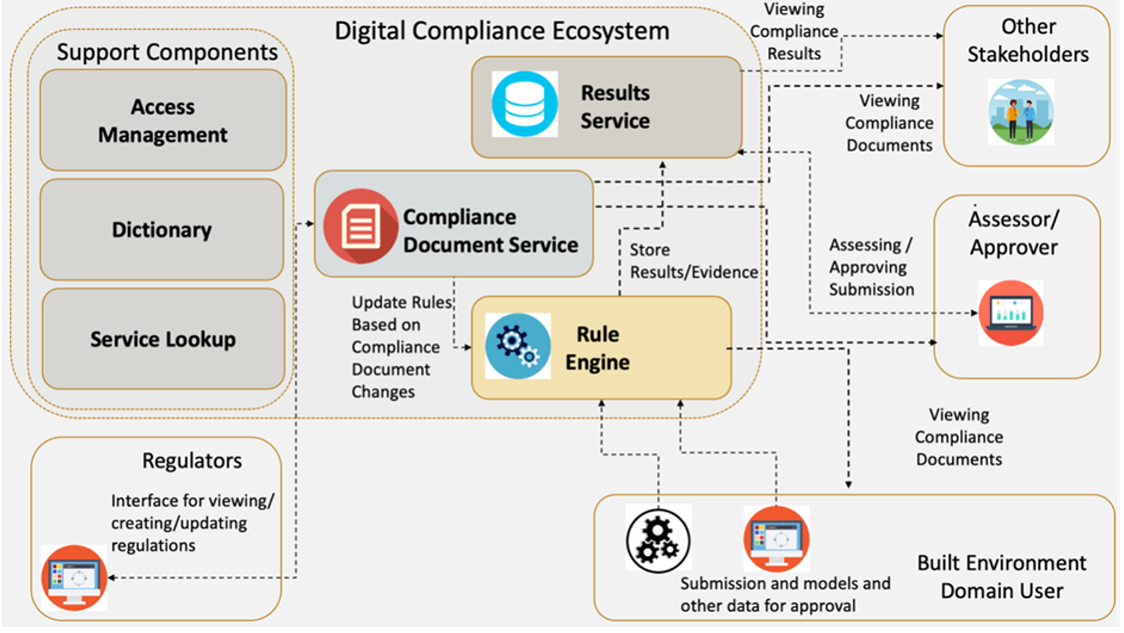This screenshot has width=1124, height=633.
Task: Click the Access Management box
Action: coord(163,121)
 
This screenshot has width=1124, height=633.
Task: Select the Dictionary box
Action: coord(162,229)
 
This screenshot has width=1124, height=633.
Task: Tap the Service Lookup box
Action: coord(163,339)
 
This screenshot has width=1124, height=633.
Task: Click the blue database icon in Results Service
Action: coord(525,104)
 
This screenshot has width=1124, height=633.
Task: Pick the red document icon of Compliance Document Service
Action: coord(360,225)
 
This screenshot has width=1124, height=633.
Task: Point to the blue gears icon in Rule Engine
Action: coord(518,346)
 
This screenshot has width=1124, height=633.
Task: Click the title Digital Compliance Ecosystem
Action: coord(501,31)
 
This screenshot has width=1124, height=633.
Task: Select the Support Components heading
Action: coord(167,52)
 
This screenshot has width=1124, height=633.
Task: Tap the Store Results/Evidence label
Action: coord(693,261)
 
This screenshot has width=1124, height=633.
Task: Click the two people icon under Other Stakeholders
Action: coord(1021,112)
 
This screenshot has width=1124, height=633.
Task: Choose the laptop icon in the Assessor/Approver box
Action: coord(1010,312)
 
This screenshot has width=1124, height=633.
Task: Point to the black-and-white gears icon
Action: coord(658,539)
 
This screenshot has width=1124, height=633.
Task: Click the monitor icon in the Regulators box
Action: coord(74,578)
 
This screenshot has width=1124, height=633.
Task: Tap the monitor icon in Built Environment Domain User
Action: coord(776,539)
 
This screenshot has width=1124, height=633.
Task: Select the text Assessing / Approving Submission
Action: coord(871,267)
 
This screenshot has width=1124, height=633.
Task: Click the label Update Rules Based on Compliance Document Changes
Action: coord(401,346)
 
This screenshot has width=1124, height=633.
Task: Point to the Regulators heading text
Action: coord(192,460)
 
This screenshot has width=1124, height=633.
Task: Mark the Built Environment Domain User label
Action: coord(1001,576)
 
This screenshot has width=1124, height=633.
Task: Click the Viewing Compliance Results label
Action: coord(794,31)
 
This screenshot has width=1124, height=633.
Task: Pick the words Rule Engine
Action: coord(597,348)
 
